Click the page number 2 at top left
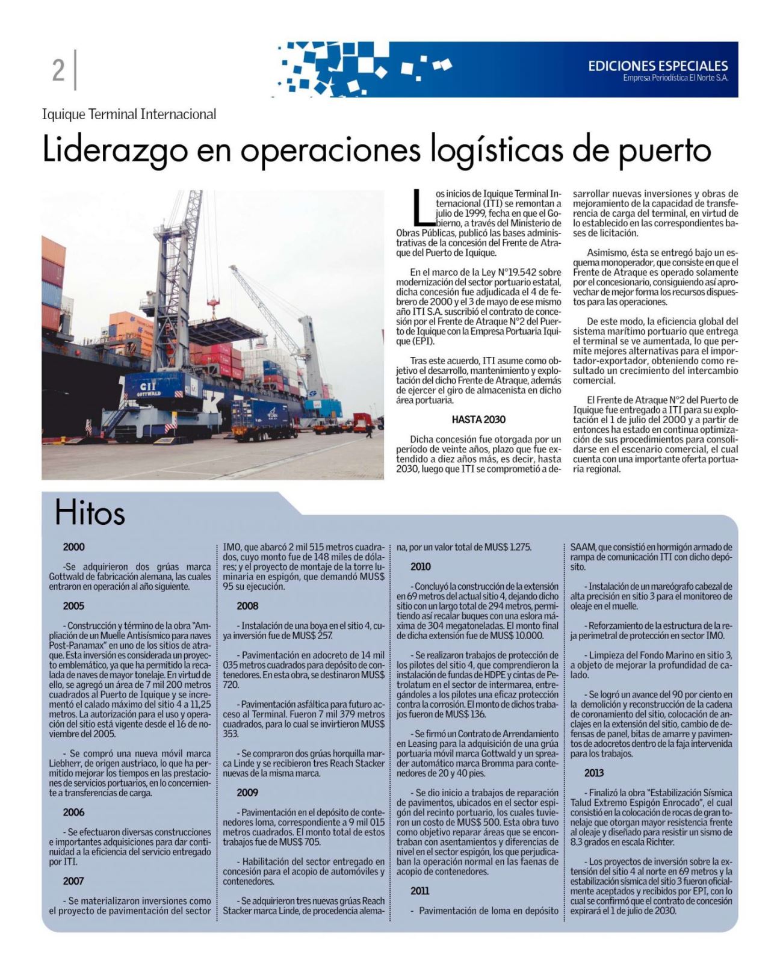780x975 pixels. click(58, 70)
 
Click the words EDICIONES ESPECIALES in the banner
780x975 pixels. click(658, 66)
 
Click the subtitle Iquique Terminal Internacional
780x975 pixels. click(129, 114)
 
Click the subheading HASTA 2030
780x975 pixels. click(478, 419)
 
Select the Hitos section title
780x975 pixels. click(90, 513)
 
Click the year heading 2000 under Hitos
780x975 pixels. click(73, 547)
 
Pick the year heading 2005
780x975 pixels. click(73, 606)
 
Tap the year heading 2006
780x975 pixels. click(73, 812)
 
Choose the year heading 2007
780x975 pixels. click(73, 881)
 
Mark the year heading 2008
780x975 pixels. click(247, 606)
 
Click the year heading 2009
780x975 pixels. click(247, 793)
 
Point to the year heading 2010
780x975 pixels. click(421, 566)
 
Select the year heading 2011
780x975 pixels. click(421, 891)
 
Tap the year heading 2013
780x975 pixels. click(594, 773)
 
